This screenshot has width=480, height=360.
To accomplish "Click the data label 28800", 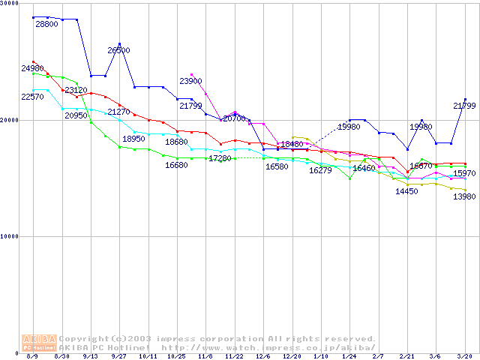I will coord(46,24).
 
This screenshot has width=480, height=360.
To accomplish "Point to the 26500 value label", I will coord(118,50).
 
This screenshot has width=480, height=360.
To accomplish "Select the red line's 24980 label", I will coord(31,68).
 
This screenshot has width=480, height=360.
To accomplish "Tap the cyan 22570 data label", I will coord(31,97).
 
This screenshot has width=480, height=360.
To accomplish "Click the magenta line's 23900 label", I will coord(190,81).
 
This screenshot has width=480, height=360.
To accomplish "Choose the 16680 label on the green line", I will coord(176,164).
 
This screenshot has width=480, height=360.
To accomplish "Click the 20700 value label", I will coord(233,118).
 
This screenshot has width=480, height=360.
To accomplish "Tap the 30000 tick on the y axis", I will coord(10,4).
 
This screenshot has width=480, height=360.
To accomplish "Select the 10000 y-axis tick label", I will coord(10,236).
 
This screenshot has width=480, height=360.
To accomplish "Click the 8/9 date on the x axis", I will coord(33,357).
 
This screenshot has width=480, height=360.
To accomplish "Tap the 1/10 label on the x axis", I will coord(321,357).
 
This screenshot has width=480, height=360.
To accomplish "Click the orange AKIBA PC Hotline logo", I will coord(38,343).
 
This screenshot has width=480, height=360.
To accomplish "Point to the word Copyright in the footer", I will coord(84,339).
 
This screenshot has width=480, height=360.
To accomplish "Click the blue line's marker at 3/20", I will coord(465,99).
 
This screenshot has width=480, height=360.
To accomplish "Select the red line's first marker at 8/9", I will coord(34,61).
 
